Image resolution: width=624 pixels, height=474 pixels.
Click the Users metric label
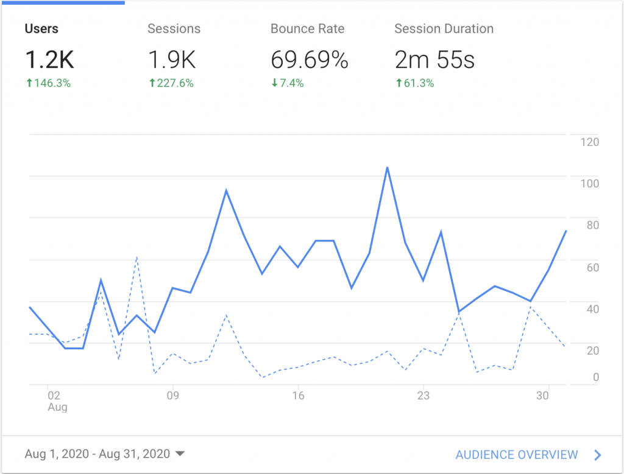click(x=41, y=29)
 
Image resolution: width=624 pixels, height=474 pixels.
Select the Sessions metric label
click(x=174, y=29)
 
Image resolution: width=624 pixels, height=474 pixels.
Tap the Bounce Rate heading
click(x=307, y=29)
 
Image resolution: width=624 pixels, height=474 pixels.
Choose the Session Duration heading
click(x=444, y=29)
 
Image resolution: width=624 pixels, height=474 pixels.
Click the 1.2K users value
click(x=49, y=60)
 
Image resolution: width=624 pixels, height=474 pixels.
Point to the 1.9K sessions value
click(x=173, y=60)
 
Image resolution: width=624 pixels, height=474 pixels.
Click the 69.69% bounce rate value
click(x=310, y=60)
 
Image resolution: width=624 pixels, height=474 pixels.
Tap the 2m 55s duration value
click(x=434, y=60)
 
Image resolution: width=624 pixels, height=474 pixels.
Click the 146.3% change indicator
click(x=48, y=83)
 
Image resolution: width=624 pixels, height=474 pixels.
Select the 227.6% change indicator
click(x=171, y=83)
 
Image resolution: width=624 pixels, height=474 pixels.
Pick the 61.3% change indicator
click(x=414, y=83)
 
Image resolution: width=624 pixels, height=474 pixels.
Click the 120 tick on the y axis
click(x=589, y=142)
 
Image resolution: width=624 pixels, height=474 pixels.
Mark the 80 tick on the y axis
click(x=592, y=225)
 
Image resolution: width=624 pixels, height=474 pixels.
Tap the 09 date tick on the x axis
click(x=174, y=396)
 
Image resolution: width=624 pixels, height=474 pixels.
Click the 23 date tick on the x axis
click(x=423, y=396)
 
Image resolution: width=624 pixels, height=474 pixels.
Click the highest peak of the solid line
click(x=387, y=167)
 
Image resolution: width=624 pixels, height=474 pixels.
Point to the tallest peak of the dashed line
click(x=137, y=257)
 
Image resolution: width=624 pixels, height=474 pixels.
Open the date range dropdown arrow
click(x=180, y=453)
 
